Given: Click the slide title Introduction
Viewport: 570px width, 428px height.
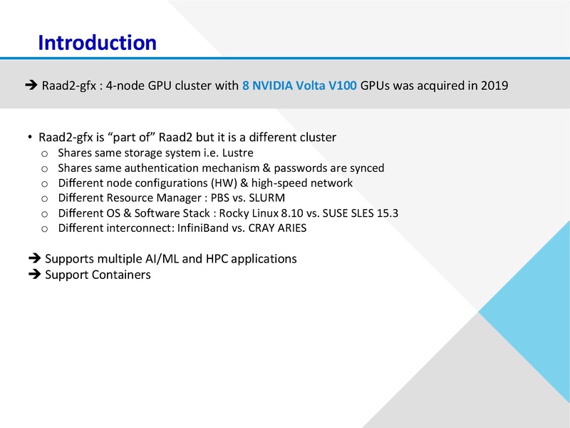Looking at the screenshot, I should point(97,42).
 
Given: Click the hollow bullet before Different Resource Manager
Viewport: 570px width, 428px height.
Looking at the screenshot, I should point(44,198).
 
